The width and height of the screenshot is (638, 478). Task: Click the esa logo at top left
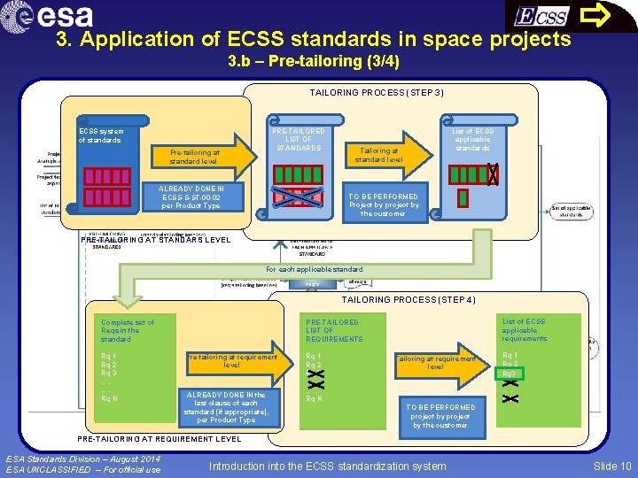click(53, 16)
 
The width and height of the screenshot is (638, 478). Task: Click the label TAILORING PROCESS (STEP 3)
click(377, 93)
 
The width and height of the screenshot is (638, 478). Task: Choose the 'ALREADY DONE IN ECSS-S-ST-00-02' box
click(191, 197)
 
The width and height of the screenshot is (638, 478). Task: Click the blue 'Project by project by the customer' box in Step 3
click(383, 204)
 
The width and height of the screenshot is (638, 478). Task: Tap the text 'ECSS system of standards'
click(101, 135)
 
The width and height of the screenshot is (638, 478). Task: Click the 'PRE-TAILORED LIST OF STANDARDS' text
click(299, 140)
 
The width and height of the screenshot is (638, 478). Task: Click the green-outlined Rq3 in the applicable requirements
click(509, 374)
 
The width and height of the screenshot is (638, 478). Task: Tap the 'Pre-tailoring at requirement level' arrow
click(232, 361)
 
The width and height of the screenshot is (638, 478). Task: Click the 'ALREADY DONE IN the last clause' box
click(226, 407)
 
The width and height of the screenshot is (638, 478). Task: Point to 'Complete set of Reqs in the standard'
click(128, 330)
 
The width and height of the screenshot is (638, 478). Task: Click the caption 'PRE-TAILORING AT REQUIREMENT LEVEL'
click(159, 439)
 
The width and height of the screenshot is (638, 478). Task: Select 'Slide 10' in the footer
click(612, 466)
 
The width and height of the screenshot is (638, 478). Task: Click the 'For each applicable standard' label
click(315, 269)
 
